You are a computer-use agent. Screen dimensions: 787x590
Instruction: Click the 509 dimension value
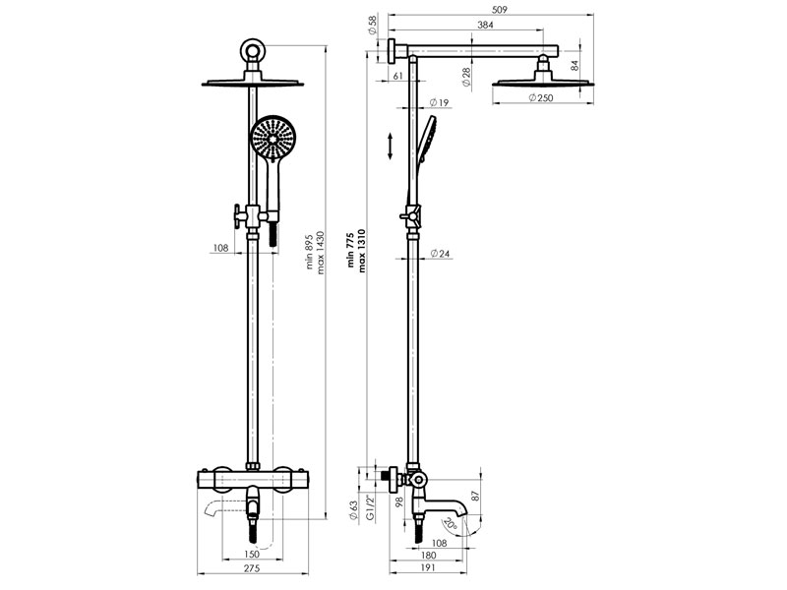coord(500,10)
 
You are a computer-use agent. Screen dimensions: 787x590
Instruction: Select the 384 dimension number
coord(485,26)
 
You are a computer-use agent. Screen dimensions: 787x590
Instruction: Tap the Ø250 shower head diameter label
coord(541,98)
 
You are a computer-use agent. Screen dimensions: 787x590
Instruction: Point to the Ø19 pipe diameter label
coord(439,103)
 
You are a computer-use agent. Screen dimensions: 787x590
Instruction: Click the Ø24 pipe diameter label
coord(440,254)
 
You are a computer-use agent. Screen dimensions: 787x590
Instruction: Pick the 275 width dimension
coord(252,568)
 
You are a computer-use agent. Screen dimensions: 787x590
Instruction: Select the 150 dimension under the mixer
coord(252,554)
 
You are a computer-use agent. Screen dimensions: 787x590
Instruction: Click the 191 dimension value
coord(427,568)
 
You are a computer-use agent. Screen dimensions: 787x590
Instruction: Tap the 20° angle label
coord(450,525)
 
